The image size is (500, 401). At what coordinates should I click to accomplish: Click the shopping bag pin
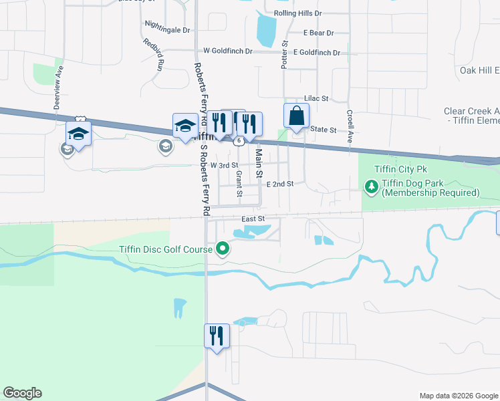[296, 116]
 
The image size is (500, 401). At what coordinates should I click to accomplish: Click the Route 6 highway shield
[237, 140]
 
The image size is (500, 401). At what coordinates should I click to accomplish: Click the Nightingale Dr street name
[167, 30]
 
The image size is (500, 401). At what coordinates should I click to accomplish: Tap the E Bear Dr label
[318, 33]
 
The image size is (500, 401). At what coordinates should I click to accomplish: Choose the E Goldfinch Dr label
[316, 52]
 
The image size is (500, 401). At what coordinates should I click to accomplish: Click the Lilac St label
[316, 98]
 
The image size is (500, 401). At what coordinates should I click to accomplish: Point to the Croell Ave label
[350, 127]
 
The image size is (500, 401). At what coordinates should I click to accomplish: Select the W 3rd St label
[224, 165]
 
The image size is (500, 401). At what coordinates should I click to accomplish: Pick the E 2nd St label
[280, 184]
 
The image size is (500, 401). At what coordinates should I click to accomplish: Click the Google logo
[22, 393]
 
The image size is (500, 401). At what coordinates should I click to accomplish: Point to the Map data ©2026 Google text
[458, 396]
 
